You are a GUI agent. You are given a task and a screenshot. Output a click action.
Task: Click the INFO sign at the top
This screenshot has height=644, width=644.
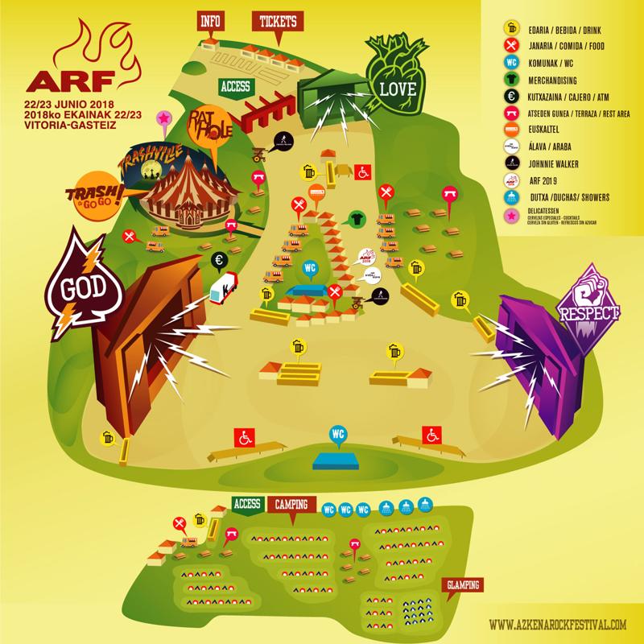point(211,20)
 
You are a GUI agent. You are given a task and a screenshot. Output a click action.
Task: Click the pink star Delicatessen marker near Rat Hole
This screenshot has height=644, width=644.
point(163,119)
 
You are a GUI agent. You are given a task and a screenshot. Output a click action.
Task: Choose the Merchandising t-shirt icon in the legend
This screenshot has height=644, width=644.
point(510,79)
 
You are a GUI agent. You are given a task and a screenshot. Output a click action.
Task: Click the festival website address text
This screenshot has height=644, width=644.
point(558,624)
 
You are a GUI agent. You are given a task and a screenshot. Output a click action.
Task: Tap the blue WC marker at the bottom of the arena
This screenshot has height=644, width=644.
point(338,433)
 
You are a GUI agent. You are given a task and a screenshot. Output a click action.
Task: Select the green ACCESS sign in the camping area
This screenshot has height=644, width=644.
point(246,504)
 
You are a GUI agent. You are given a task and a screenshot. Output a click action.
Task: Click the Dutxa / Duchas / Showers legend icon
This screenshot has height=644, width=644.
point(510,198)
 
